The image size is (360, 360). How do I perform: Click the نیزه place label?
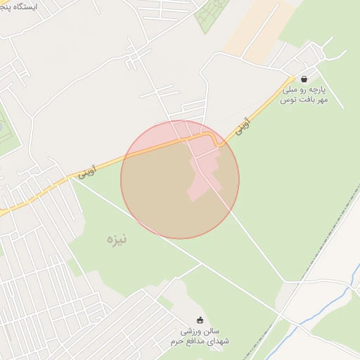pos(106,240)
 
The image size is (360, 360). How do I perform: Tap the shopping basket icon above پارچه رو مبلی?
pos(304,79)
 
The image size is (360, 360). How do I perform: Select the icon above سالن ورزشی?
pos(200,321)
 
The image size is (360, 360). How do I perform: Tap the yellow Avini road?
pos(141,149)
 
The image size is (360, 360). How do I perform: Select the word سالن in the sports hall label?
pos(219,330)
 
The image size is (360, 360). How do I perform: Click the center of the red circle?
pos(180,179)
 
